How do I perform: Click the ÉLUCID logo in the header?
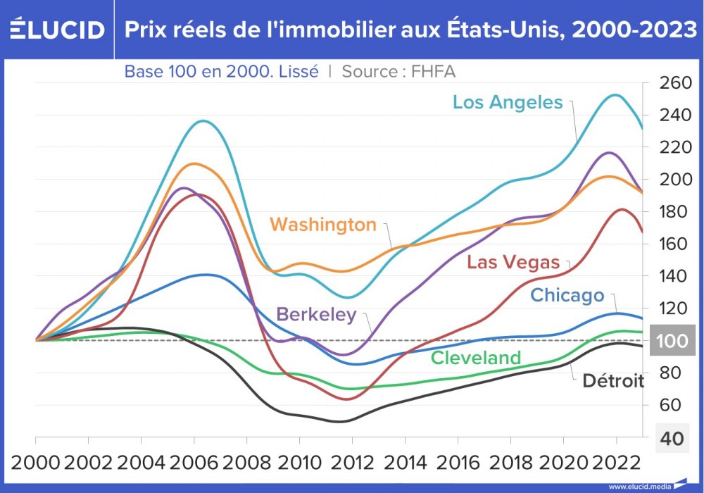[56, 30]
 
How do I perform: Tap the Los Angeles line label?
[508, 102]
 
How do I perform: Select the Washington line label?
[323, 225]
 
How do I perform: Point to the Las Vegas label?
[513, 263]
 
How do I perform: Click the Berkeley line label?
[317, 314]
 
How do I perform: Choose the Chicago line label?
[567, 295]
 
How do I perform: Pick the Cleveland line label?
[476, 358]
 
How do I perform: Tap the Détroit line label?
[613, 381]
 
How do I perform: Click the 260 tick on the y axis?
[677, 83]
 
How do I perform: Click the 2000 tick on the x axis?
[35, 463]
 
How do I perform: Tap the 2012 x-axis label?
[352, 463]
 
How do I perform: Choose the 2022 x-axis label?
[616, 463]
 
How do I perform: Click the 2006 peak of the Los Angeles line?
[203, 120]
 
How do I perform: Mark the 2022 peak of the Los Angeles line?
[616, 94]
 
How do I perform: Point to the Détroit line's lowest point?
[341, 421]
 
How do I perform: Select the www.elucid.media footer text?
[636, 486]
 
